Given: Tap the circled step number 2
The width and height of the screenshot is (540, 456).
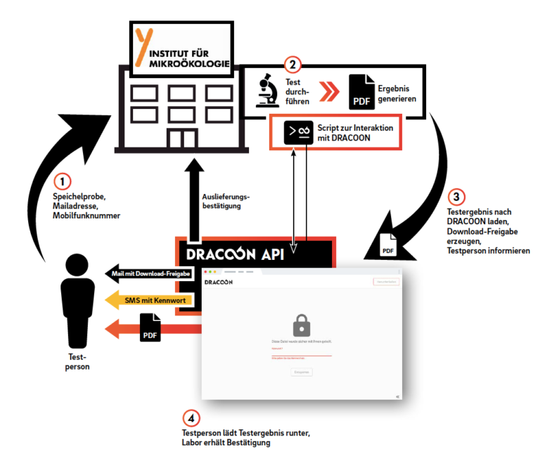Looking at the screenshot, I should [x=294, y=65].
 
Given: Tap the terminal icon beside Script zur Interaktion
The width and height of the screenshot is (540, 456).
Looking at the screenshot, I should [x=299, y=132].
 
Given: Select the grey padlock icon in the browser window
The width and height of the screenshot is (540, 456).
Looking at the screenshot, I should [x=301, y=325].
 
